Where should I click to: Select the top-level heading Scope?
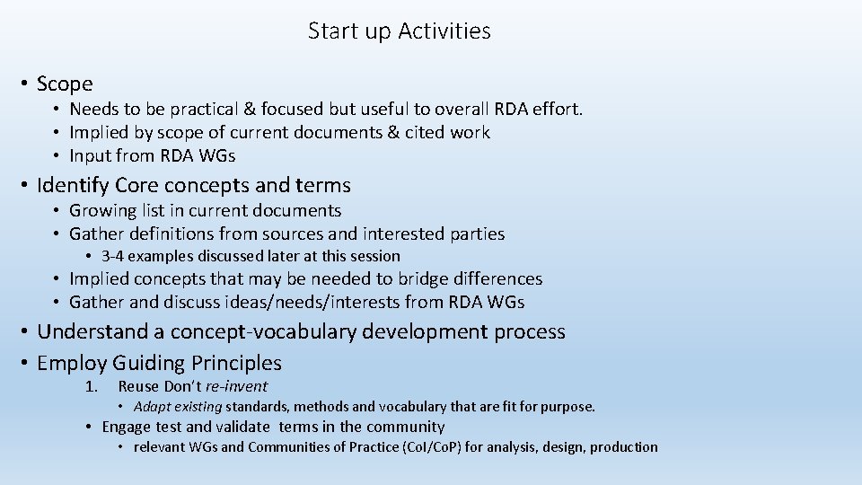click(x=65, y=84)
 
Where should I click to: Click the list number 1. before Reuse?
click(x=91, y=387)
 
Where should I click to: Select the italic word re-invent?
click(x=236, y=387)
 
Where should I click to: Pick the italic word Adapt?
click(x=153, y=407)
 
